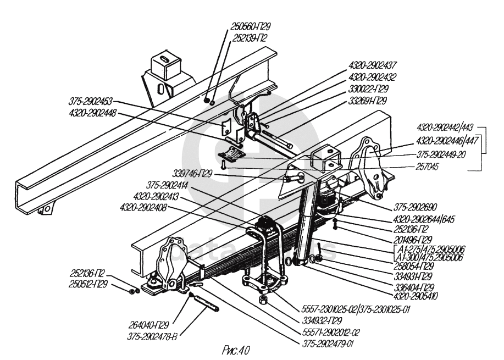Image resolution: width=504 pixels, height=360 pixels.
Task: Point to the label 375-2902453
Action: point(91,101)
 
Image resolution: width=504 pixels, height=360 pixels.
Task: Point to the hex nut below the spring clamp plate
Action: point(263,301)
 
